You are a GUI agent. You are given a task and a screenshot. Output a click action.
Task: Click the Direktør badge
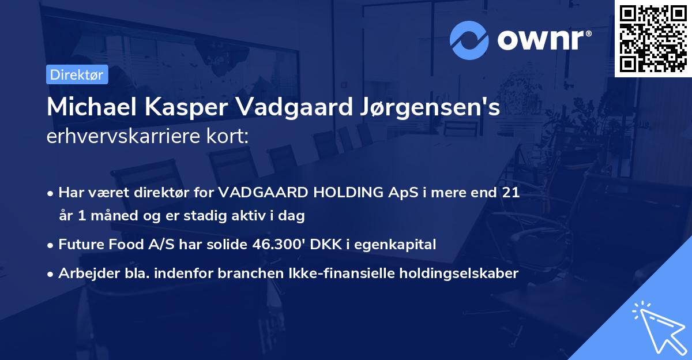[x=77, y=74]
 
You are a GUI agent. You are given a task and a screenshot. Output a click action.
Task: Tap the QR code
[x=653, y=38]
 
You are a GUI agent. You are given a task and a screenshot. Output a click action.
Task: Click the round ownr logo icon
[x=469, y=40]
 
